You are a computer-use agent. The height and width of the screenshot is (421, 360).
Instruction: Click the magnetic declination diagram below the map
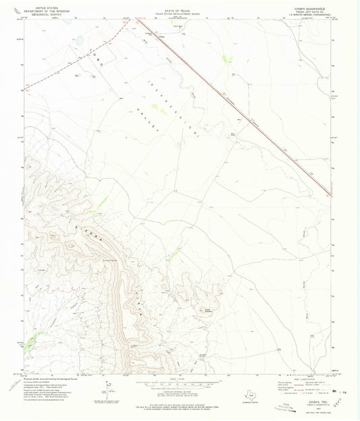point(108,387)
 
